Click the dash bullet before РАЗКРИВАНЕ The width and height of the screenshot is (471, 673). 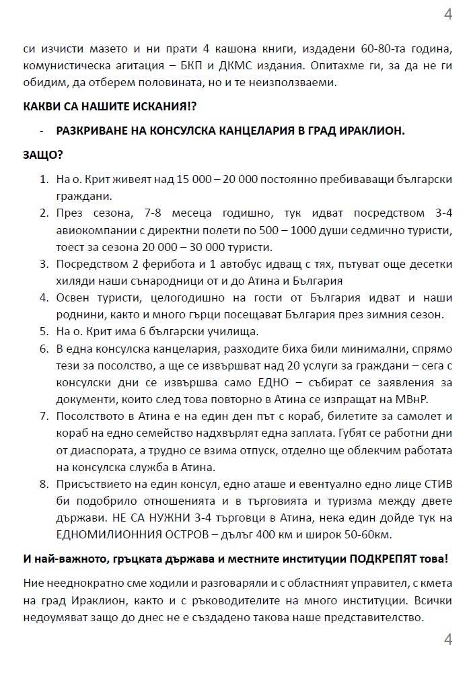(42, 131)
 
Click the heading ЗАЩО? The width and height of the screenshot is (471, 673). (43, 155)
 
